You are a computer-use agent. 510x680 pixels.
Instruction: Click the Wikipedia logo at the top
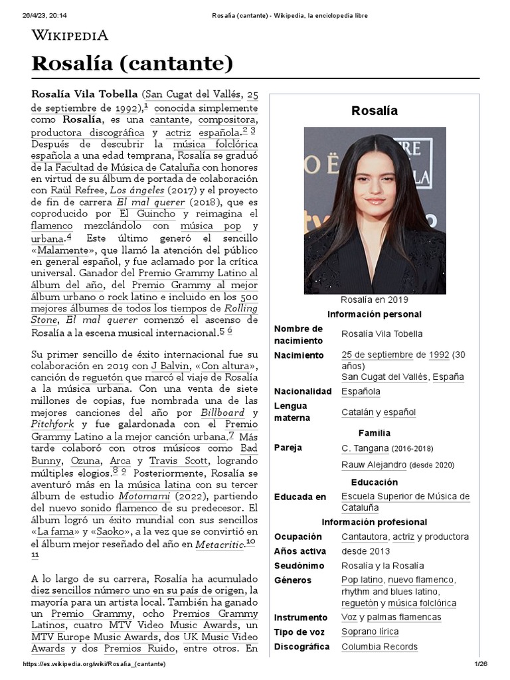tap(70, 35)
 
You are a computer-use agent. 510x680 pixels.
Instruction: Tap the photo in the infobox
tap(375, 211)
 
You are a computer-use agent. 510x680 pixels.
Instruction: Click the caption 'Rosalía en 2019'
tap(375, 299)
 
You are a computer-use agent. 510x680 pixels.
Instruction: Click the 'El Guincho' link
tap(147, 214)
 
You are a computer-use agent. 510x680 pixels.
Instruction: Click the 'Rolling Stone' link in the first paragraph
tap(240, 309)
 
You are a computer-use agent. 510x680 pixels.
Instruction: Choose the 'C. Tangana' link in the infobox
tap(364, 448)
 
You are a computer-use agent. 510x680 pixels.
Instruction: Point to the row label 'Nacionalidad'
tap(302, 391)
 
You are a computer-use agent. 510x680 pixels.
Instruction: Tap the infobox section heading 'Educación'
tap(375, 482)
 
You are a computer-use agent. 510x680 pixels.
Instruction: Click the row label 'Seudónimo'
tap(299, 566)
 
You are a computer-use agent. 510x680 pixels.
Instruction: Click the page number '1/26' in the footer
tap(481, 664)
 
